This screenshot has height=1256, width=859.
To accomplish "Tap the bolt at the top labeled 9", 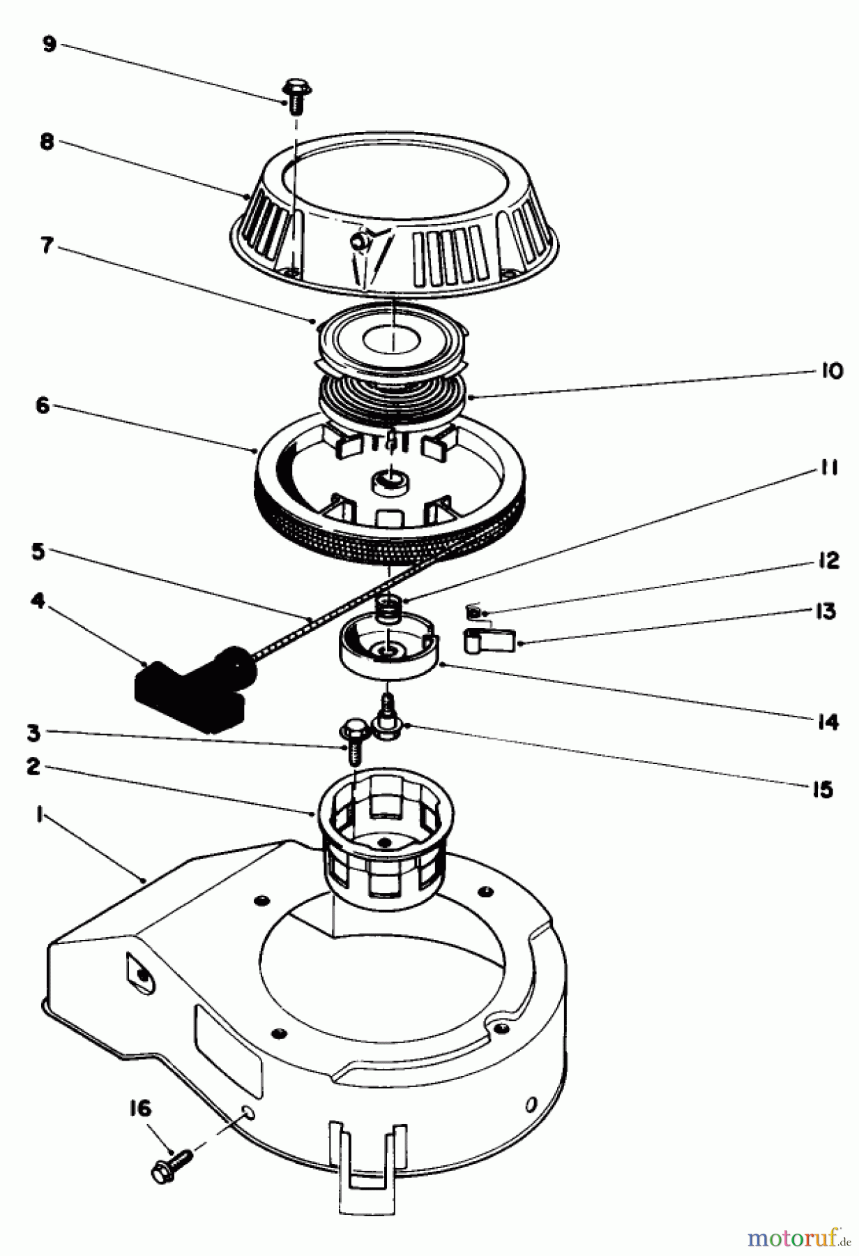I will point(296,96).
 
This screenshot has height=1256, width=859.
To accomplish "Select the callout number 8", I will point(47,142).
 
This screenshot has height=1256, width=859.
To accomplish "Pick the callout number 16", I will point(140,1108).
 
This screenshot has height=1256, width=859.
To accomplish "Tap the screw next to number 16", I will point(171,1164).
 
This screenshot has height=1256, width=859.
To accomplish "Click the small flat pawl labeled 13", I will point(489,639).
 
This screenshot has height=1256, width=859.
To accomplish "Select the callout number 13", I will point(825,611).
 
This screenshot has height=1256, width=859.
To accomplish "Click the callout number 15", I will point(823,789).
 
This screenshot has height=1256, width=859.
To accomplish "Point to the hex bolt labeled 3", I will point(352,741).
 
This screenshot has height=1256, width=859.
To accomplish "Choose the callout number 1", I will point(40,814).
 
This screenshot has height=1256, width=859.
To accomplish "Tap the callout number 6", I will point(43,405).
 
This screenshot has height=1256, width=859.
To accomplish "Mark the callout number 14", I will point(828,722).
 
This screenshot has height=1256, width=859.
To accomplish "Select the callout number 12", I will point(828,560).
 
